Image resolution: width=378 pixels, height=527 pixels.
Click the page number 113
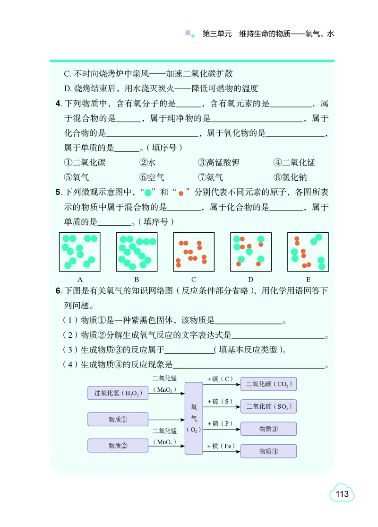tap(342, 494)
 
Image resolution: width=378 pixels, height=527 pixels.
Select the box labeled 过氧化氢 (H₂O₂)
tap(118, 393)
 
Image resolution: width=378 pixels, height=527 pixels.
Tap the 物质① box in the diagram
tap(118, 419)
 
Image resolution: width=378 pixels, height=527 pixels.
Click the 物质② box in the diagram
tap(118, 446)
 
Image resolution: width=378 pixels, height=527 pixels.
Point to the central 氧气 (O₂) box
tap(194, 418)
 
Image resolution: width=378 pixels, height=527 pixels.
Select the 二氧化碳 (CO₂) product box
tap(268, 384)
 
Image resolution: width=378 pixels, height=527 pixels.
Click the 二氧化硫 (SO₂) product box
tap(268, 406)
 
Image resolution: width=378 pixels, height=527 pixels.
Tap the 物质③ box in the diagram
tap(268, 429)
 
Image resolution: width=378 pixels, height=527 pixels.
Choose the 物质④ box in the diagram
tap(268, 451)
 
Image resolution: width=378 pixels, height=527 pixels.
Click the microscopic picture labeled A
tap(80, 252)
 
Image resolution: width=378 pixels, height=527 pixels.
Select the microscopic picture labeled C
tap(194, 252)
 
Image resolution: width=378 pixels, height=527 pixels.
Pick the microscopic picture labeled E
tap(308, 252)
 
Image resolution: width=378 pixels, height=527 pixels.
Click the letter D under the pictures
tap(251, 280)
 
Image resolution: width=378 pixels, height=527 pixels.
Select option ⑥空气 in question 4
tap(152, 177)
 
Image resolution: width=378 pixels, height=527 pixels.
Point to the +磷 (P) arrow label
tap(220, 423)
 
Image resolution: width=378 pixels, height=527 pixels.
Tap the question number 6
tap(58, 290)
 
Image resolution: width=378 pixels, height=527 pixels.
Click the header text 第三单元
tap(217, 34)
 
